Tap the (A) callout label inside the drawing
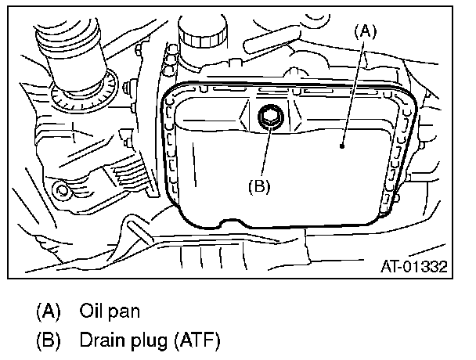coord(366,31)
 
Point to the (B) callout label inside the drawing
coord(259,186)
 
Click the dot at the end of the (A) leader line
coord(342,145)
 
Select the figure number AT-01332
coord(413,266)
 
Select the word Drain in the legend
coord(97,340)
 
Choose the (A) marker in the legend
coord(48,310)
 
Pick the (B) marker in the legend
coord(48,340)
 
